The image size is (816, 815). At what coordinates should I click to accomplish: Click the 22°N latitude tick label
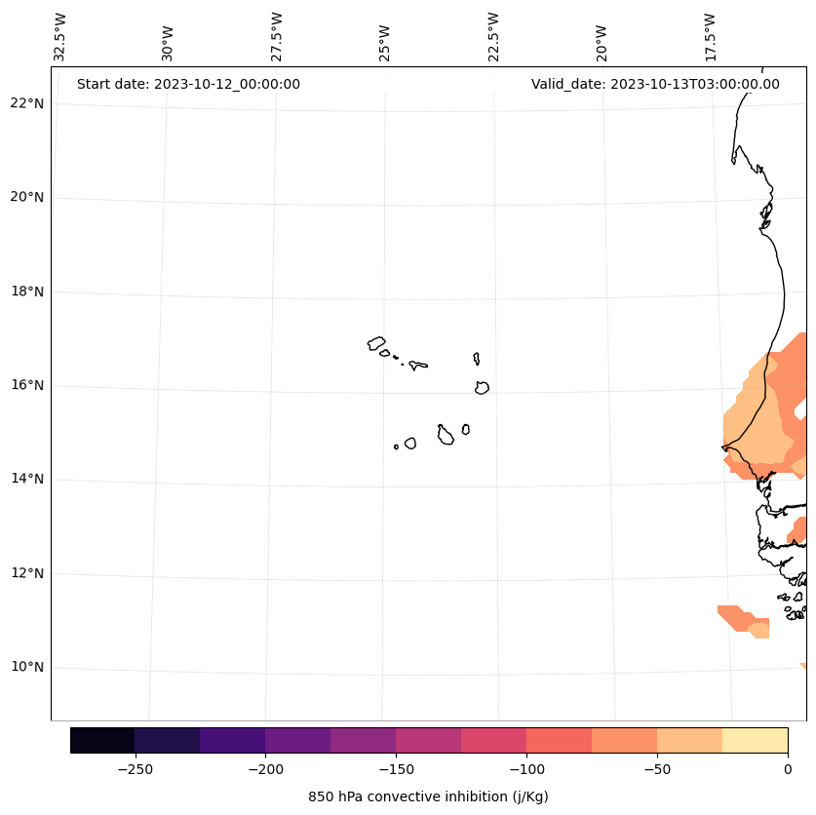coord(26,103)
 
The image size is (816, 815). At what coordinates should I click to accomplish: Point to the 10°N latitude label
coord(26,668)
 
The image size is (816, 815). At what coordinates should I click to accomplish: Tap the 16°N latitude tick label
coord(26,385)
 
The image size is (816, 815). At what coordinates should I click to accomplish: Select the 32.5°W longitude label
coord(60,37)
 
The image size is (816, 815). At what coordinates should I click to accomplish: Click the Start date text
coord(188,84)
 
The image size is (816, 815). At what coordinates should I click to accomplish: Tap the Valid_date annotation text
coord(655,84)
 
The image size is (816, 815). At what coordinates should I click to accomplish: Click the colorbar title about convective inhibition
coord(428,796)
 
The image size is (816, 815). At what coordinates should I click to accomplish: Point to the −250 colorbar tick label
coord(135,769)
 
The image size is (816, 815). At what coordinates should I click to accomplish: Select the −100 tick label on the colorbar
coord(526,769)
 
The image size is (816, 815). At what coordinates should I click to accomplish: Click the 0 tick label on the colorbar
coord(787,769)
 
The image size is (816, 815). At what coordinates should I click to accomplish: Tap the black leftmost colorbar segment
coord(102,740)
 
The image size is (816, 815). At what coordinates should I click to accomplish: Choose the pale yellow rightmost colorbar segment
coord(755,740)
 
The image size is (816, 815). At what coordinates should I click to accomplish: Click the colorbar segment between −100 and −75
coord(559,740)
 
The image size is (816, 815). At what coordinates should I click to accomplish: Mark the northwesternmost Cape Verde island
coord(376,343)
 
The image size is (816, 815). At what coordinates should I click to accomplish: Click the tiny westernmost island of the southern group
coord(396,446)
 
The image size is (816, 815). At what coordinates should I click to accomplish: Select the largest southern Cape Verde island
coord(446,436)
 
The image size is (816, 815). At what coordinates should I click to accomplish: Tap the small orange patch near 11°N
coord(745,619)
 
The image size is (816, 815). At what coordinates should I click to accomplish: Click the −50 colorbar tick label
coord(657,769)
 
